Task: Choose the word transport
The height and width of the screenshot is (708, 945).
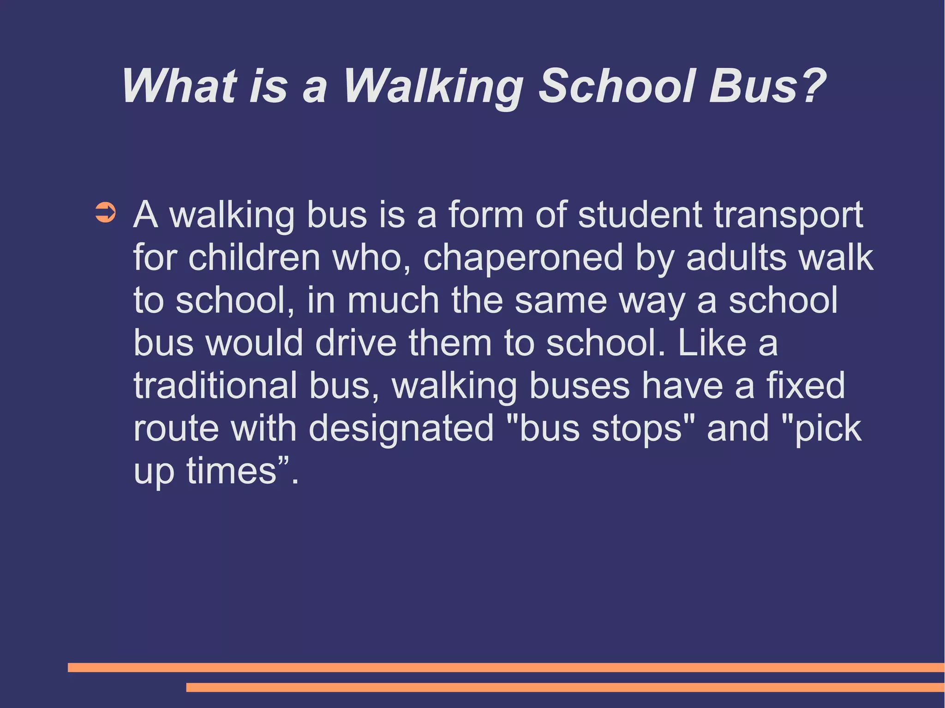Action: (789, 216)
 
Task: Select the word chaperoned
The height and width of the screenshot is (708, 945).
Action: (523, 258)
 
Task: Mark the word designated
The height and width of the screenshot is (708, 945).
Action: (401, 429)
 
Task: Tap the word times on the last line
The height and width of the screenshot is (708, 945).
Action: (231, 471)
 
